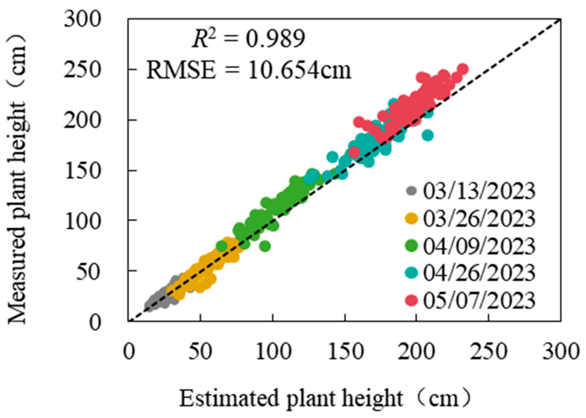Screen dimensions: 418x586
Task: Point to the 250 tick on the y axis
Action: (x=82, y=70)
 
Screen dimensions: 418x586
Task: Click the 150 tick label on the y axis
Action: (x=82, y=171)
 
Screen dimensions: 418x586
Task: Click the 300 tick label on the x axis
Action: (x=560, y=352)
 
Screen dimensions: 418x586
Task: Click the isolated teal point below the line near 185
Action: (x=428, y=135)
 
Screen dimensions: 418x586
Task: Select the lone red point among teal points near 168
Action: (x=354, y=152)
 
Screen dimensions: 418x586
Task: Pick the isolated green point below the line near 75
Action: (x=265, y=246)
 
